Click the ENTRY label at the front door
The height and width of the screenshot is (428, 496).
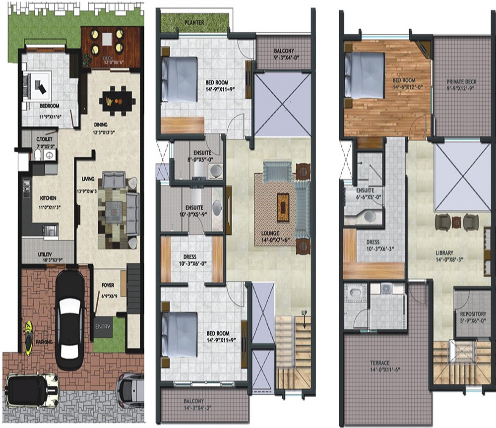tap(103, 327)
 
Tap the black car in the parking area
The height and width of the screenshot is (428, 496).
tap(69, 320)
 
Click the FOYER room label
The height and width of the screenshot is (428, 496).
tap(108, 285)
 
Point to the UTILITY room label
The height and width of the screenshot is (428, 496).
tap(45, 254)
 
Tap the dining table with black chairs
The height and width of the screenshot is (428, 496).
tap(118, 101)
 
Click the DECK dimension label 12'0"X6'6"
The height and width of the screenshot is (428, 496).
tap(107, 61)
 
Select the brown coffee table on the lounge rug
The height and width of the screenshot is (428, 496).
tap(283, 203)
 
